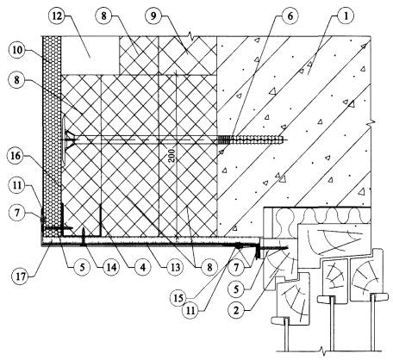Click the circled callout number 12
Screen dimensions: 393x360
tap(57, 16)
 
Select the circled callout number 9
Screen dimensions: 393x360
tap(153, 16)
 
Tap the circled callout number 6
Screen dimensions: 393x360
tap(290, 16)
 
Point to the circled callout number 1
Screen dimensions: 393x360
tap(346, 16)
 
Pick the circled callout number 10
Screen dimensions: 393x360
tap(16, 51)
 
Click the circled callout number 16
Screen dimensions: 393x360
tap(16, 156)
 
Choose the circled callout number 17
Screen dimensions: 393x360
tap(21, 276)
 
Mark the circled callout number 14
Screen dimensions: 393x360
tap(112, 267)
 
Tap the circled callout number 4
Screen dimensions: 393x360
tap(143, 267)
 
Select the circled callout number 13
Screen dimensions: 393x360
tap(175, 267)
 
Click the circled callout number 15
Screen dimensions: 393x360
tap(178, 298)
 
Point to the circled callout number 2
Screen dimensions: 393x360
tap(236, 310)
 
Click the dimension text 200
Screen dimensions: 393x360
tap(172, 156)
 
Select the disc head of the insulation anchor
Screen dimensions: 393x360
tap(64, 140)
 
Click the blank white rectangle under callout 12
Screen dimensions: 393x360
tap(90, 55)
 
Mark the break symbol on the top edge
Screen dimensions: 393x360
tap(190, 36)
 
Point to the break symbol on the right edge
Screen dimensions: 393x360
tap(371, 122)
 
